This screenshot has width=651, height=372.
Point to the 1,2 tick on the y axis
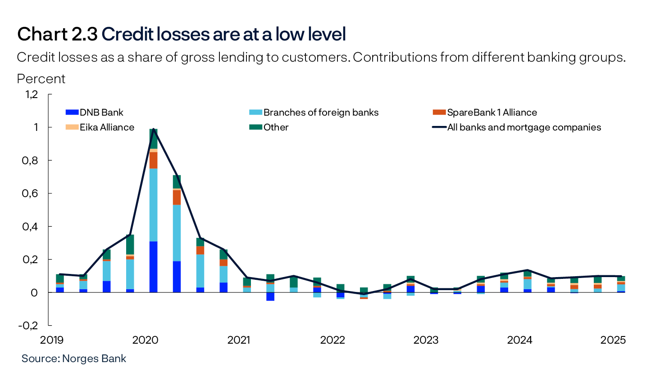coord(32,94)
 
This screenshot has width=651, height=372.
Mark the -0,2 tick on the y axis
coord(29,325)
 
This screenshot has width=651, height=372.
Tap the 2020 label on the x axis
coord(146,340)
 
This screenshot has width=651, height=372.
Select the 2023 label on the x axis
coord(426,340)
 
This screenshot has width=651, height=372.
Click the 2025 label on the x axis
coord(613,340)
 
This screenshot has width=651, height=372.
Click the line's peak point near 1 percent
coord(154,129)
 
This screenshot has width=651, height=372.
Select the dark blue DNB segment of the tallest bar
coord(154,267)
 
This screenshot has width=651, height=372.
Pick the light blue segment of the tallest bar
coord(154,205)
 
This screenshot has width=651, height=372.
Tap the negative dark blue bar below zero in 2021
coord(270,296)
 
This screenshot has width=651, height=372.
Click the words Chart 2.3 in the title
coord(57,35)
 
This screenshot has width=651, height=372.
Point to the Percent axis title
coord(41,79)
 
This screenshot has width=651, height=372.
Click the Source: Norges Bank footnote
coord(74,359)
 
